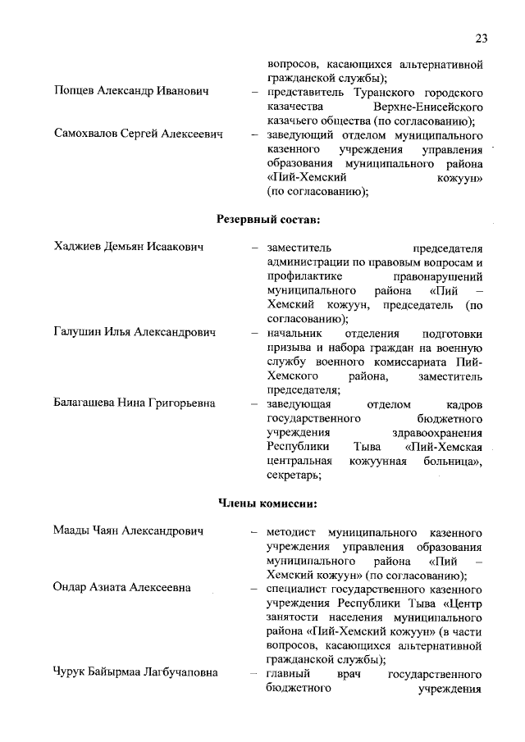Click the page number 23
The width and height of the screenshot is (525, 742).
(x=481, y=39)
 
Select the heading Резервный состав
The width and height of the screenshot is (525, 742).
(x=267, y=219)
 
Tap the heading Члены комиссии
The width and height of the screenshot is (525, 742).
(x=267, y=503)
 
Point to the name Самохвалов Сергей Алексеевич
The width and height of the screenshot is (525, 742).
(x=139, y=134)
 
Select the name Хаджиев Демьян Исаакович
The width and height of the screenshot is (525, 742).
(x=129, y=247)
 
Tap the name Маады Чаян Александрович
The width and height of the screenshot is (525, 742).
(x=128, y=531)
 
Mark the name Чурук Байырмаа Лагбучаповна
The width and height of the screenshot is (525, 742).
(x=135, y=673)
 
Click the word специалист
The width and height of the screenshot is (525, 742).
(x=297, y=588)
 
